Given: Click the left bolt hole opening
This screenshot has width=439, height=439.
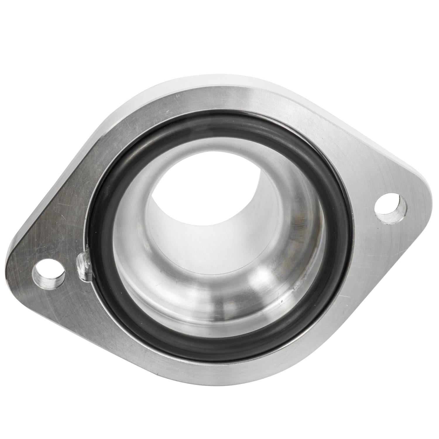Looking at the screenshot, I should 50,270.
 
